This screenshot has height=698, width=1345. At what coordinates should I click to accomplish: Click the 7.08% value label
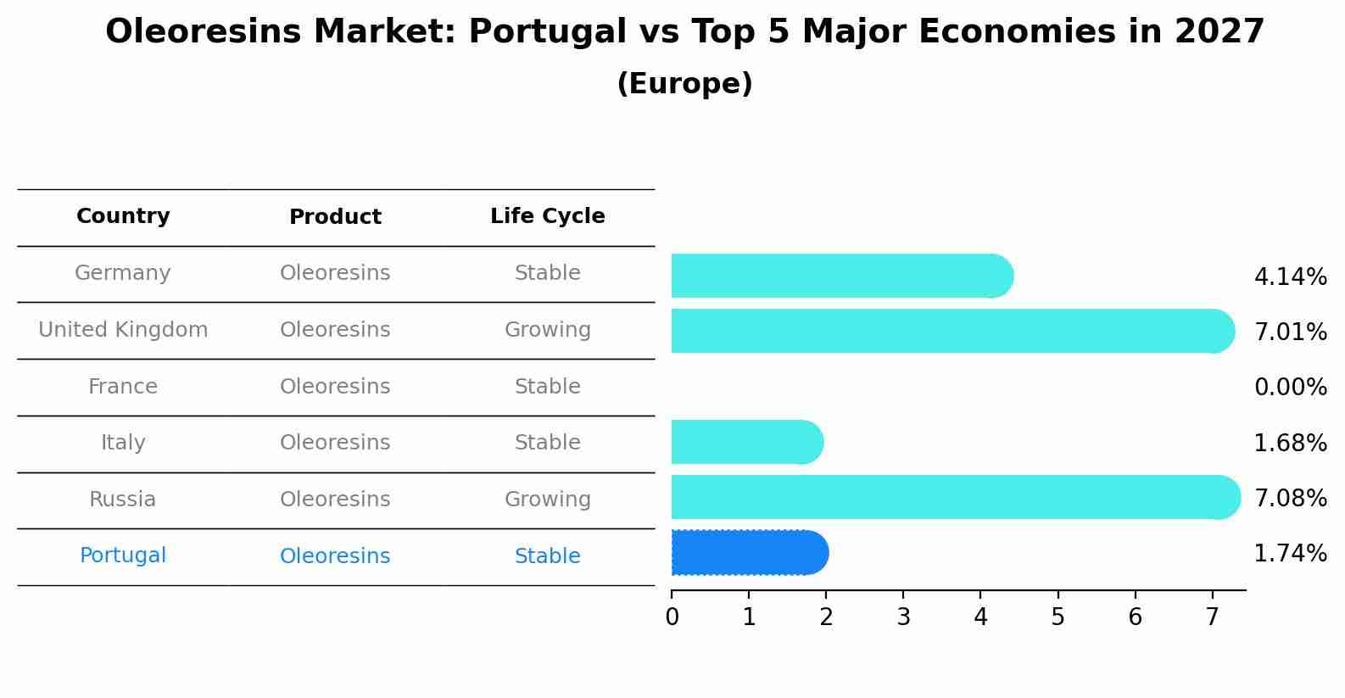(1290, 498)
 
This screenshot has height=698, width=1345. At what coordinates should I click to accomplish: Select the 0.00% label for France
(1290, 388)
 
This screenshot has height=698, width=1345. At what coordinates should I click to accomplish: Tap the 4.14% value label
(1290, 277)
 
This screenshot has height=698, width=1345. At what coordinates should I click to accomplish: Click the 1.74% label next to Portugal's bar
(1290, 554)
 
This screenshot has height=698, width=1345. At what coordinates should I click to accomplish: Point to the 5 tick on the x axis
(1058, 617)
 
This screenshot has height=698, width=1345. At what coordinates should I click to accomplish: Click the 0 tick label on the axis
(672, 617)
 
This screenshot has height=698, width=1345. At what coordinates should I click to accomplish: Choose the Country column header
(123, 216)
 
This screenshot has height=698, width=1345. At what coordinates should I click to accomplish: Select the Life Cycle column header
(547, 216)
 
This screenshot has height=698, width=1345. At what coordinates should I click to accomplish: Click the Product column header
(335, 217)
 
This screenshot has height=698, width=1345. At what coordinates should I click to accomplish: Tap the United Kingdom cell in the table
(123, 330)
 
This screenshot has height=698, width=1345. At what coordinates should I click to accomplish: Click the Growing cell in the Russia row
(547, 500)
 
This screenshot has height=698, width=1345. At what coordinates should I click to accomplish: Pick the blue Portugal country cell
(123, 556)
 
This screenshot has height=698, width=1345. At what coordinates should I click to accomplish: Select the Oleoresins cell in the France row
(335, 387)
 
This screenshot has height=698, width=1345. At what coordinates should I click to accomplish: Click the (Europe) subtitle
(684, 84)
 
